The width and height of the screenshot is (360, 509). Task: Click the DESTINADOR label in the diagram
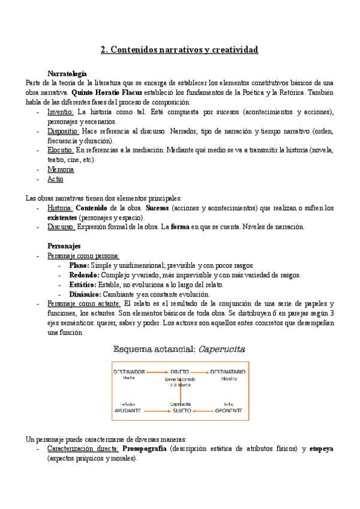click(128, 372)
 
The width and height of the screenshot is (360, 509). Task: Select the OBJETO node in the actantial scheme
click(179, 372)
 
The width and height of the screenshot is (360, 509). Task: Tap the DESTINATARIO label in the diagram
click(228, 372)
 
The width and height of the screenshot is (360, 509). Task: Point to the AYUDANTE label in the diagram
click(128, 411)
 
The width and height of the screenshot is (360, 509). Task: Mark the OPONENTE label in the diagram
click(229, 411)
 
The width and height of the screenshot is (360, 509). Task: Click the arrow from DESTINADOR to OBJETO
click(155, 372)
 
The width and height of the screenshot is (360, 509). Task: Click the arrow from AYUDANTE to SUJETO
click(155, 411)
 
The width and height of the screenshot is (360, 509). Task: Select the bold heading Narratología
click(67, 73)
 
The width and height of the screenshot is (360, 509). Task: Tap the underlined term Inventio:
click(61, 112)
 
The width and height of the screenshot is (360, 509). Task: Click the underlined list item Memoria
click(61, 170)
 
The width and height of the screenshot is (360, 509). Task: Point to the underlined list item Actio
click(55, 179)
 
